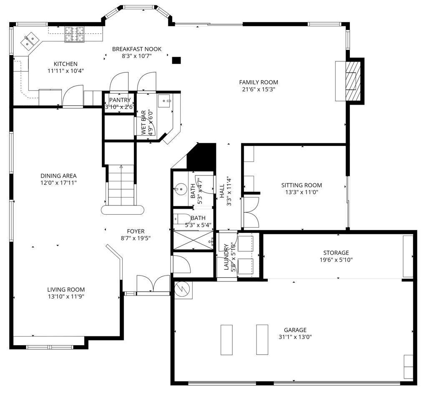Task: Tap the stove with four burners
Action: click(74, 34)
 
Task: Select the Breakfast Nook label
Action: click(137, 49)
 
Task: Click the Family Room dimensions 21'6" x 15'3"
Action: click(259, 89)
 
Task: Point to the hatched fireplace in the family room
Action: click(353, 81)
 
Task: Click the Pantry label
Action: click(120, 100)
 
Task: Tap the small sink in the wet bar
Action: click(164, 101)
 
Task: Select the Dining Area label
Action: click(58, 176)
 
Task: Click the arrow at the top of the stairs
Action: click(121, 167)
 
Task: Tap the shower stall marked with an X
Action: click(193, 240)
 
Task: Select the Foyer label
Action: click(136, 231)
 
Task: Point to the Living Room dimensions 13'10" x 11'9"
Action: click(66, 297)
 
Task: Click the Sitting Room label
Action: click(301, 185)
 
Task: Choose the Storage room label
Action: click(336, 253)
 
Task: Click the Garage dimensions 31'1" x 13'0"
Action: click(295, 337)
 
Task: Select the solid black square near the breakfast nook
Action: click(176, 60)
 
